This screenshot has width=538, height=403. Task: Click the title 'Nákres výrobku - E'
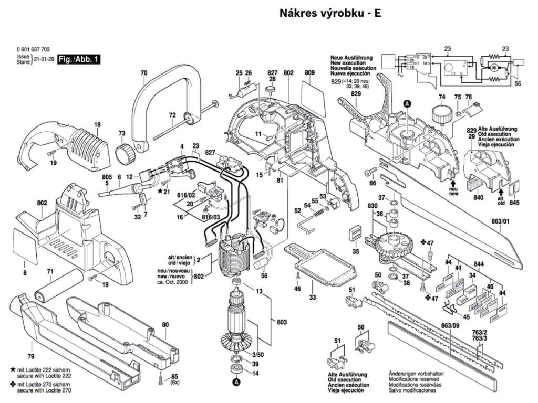pos(330,14)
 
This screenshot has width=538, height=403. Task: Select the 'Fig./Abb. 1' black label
pos(79,60)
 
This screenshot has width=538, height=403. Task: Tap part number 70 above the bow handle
pos(144,73)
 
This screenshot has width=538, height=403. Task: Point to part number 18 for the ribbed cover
pos(97,125)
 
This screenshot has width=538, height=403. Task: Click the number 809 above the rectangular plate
pos(309,72)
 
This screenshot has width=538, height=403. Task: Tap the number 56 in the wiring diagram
pos(518,83)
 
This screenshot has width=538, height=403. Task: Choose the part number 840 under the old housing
pos(478,198)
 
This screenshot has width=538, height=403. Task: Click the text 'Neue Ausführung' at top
pos(351,57)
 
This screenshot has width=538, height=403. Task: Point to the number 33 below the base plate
pos(313,298)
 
